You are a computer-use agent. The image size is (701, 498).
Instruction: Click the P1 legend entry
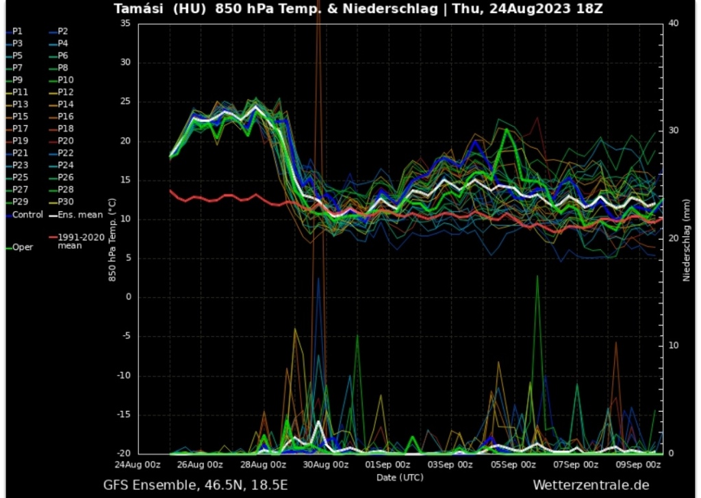(16, 32)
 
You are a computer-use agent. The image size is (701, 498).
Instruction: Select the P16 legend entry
(65, 116)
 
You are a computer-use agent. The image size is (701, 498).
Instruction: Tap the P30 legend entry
(65, 201)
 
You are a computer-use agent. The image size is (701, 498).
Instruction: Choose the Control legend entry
(27, 214)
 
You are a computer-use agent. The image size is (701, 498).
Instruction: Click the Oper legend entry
(22, 247)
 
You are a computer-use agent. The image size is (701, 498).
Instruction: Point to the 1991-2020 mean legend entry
(79, 240)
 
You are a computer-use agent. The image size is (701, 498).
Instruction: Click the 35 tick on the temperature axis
(125, 23)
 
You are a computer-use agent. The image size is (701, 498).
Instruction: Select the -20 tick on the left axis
(123, 453)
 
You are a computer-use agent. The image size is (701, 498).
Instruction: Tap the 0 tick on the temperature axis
(128, 297)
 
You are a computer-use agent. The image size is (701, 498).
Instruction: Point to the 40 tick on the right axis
(673, 23)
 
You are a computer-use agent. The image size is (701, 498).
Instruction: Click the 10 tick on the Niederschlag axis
(672, 345)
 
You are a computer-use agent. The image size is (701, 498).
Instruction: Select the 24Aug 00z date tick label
(138, 464)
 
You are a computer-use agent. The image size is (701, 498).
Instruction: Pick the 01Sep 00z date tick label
(387, 464)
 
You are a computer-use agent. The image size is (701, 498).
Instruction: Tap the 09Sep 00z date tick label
(638, 464)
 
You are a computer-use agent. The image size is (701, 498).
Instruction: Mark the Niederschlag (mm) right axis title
(686, 238)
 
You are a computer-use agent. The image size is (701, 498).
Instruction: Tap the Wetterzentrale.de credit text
(590, 486)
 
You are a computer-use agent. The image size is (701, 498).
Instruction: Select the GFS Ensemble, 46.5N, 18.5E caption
(196, 486)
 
